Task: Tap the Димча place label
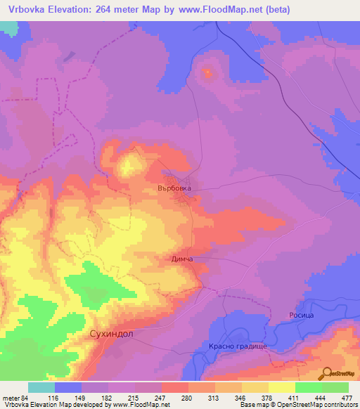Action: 182,259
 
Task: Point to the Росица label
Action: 300,315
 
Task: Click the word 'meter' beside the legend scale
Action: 11,397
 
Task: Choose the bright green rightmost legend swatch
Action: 335,387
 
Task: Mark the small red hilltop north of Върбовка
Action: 207,72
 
